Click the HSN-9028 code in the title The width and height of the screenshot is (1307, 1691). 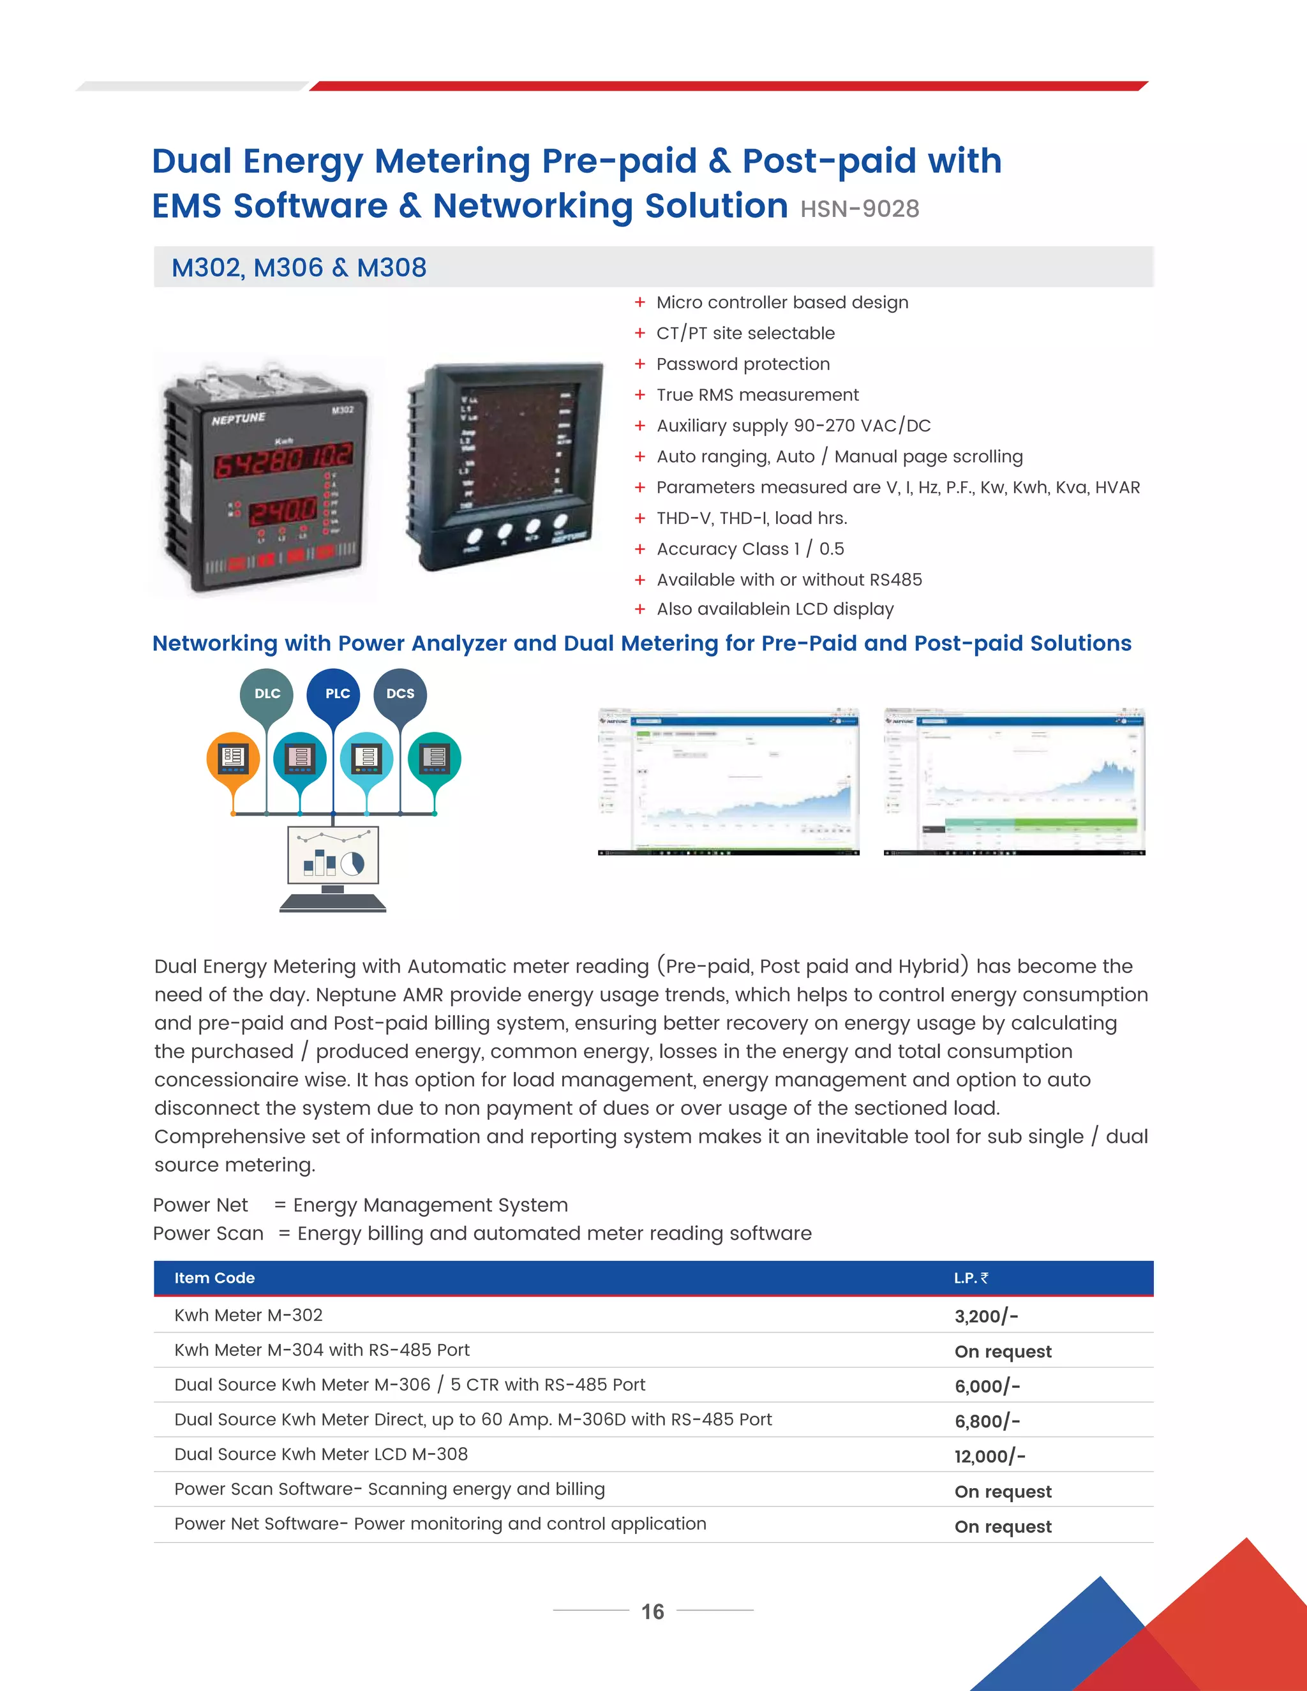(860, 209)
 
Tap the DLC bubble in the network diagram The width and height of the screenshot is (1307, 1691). (267, 694)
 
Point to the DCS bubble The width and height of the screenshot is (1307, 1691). (400, 694)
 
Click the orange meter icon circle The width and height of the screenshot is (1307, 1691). (233, 758)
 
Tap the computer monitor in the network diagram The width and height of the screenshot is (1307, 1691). (333, 856)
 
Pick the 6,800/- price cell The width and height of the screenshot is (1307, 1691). (987, 1422)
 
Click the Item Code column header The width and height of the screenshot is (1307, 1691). (214, 1278)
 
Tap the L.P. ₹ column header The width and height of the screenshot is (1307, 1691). (971, 1278)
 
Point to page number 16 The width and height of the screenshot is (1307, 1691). (653, 1612)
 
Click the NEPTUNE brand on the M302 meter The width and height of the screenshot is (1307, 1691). (239, 419)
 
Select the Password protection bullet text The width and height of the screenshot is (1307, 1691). (743, 364)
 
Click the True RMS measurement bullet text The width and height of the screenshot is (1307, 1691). (758, 395)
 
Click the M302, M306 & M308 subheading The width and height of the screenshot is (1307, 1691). (299, 268)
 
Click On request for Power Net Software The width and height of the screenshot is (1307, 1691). (1003, 1527)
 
